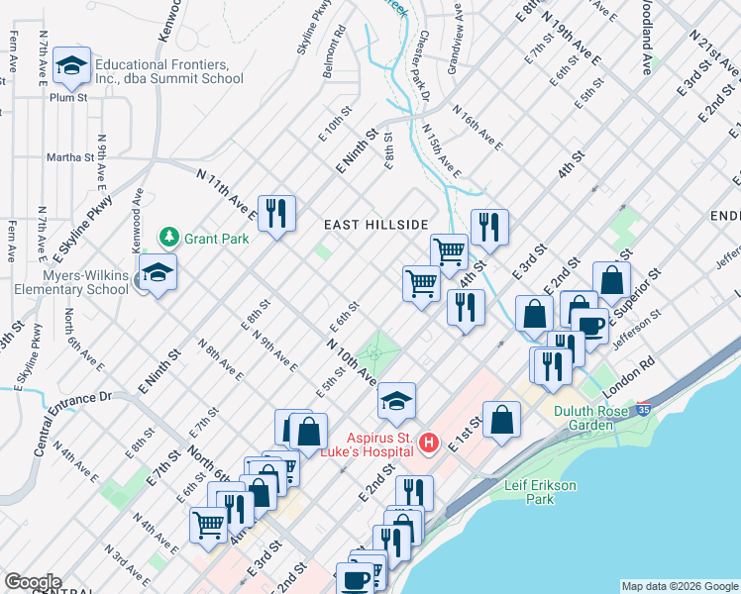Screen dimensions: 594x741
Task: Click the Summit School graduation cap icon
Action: tap(71, 65)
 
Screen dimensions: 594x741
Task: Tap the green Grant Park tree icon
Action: tap(169, 238)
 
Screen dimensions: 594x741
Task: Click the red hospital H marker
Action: tap(428, 442)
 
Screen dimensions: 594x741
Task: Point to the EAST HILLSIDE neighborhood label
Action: tap(376, 225)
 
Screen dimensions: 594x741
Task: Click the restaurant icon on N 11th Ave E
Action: tap(276, 213)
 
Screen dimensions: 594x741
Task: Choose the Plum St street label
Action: tap(69, 97)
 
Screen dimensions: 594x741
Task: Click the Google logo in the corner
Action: tap(32, 582)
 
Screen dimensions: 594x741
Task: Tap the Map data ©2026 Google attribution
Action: tap(679, 586)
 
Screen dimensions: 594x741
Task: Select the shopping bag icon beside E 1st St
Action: tap(502, 419)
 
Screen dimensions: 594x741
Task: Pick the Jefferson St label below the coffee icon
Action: tap(634, 323)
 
